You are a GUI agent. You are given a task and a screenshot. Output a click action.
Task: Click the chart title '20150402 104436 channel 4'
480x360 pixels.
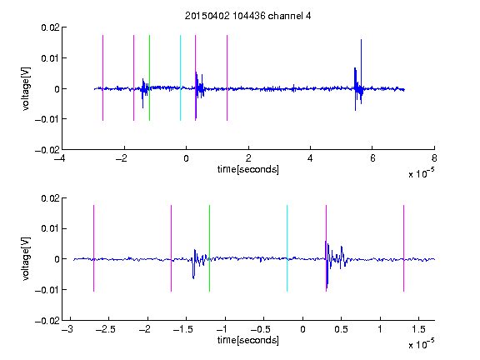[247, 16]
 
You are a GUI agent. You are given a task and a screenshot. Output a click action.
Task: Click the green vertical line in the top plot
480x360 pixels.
[149, 77]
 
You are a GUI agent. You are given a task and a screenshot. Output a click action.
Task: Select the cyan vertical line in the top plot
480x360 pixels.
[180, 77]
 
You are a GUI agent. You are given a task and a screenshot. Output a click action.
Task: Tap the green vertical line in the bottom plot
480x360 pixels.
[209, 248]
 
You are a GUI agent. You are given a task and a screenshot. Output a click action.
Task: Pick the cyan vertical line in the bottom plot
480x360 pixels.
[287, 248]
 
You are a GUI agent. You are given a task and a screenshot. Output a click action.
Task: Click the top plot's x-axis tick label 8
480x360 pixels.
[434, 158]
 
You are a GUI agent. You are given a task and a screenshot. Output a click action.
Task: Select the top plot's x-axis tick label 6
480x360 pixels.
[372, 158]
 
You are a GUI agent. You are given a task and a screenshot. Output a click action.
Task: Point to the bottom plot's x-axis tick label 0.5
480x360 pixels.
[341, 329]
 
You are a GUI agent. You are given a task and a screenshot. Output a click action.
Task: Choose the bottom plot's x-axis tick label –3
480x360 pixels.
[67, 329]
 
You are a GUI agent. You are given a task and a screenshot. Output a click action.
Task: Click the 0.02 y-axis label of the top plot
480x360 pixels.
[50, 27]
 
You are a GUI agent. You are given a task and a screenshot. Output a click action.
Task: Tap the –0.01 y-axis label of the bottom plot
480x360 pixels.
[47, 290]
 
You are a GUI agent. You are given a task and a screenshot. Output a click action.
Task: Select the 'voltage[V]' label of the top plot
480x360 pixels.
[26, 88]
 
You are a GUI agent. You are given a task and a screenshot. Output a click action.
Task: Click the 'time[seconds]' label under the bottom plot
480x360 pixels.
[248, 340]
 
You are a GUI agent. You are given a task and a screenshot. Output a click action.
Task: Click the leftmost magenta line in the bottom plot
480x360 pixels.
[93, 248]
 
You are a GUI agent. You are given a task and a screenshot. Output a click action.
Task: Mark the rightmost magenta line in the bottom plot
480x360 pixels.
[403, 248]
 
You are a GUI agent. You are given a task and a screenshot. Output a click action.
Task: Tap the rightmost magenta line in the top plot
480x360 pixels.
[227, 77]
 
